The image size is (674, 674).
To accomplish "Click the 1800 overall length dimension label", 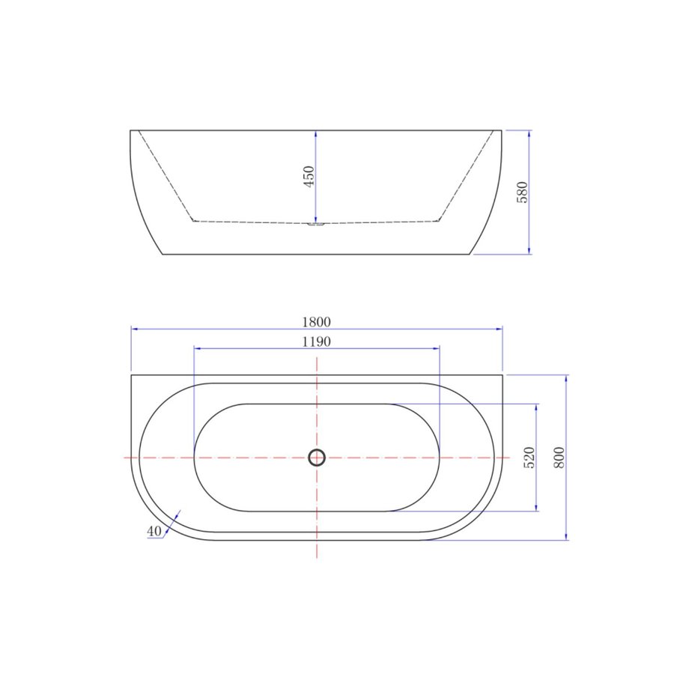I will (x=316, y=322).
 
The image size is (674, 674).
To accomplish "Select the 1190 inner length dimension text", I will (x=316, y=341).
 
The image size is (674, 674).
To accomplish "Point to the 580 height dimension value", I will (x=523, y=192).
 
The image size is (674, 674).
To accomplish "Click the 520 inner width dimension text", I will (x=529, y=458).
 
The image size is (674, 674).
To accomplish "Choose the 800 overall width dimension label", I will (x=559, y=457).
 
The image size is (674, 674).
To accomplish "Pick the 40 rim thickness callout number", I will (x=154, y=531).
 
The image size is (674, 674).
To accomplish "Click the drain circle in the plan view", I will (x=317, y=457).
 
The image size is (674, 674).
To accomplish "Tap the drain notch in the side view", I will (x=316, y=223).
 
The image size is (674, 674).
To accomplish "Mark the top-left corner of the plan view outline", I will (x=131, y=374).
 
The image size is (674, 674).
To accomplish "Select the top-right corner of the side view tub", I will (x=501, y=130).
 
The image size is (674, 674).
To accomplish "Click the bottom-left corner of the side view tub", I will (x=163, y=254).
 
